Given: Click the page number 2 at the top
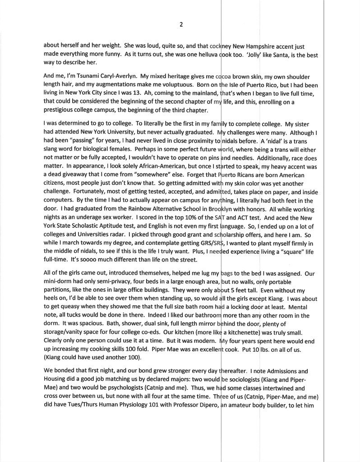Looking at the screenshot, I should point(181,24).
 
